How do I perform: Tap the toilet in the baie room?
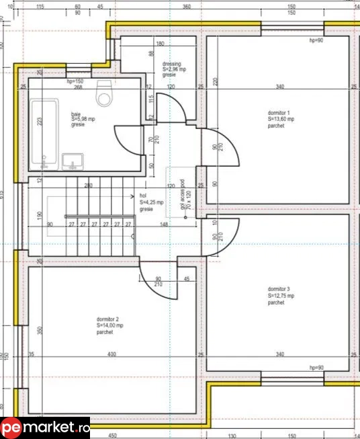point(105,95)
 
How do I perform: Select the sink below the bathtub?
point(73,161)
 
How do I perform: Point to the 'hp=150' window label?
point(75,81)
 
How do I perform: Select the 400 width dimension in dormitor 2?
point(111,354)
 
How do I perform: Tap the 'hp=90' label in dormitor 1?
point(316,41)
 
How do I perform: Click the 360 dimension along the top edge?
point(187,7)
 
